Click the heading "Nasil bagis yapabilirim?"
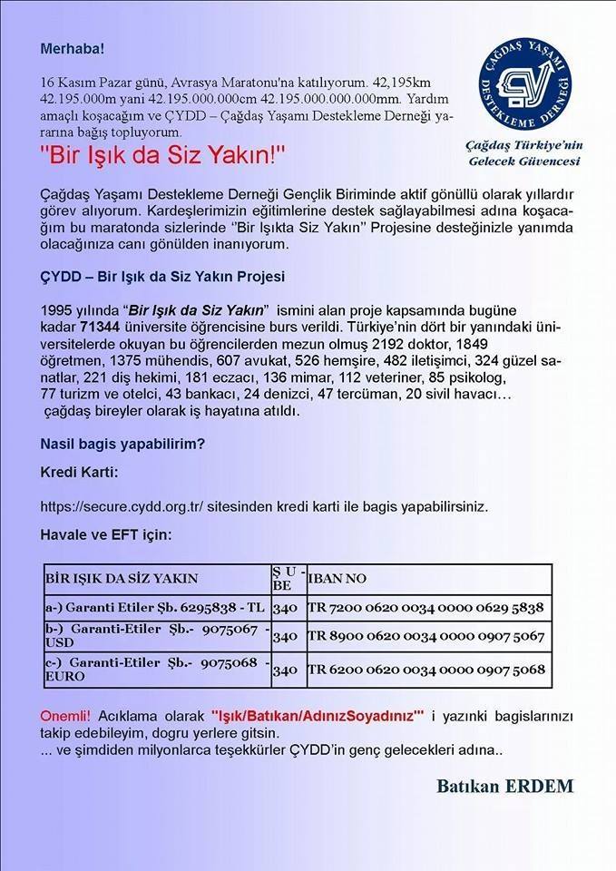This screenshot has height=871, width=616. (x=122, y=445)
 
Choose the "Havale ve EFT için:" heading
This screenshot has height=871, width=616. (x=105, y=535)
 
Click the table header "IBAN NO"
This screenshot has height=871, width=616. (x=337, y=578)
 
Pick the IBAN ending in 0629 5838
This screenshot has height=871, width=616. (x=425, y=608)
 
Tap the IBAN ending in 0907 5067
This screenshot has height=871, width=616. (x=425, y=637)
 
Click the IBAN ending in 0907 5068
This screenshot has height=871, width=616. (x=425, y=670)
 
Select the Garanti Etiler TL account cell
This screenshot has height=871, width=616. (x=155, y=608)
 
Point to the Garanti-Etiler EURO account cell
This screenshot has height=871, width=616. (x=155, y=670)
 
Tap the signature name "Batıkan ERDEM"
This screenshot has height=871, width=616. (x=504, y=787)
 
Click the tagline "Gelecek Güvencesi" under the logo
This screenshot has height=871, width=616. (x=522, y=161)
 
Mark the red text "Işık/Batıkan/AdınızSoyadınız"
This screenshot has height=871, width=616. (x=318, y=717)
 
